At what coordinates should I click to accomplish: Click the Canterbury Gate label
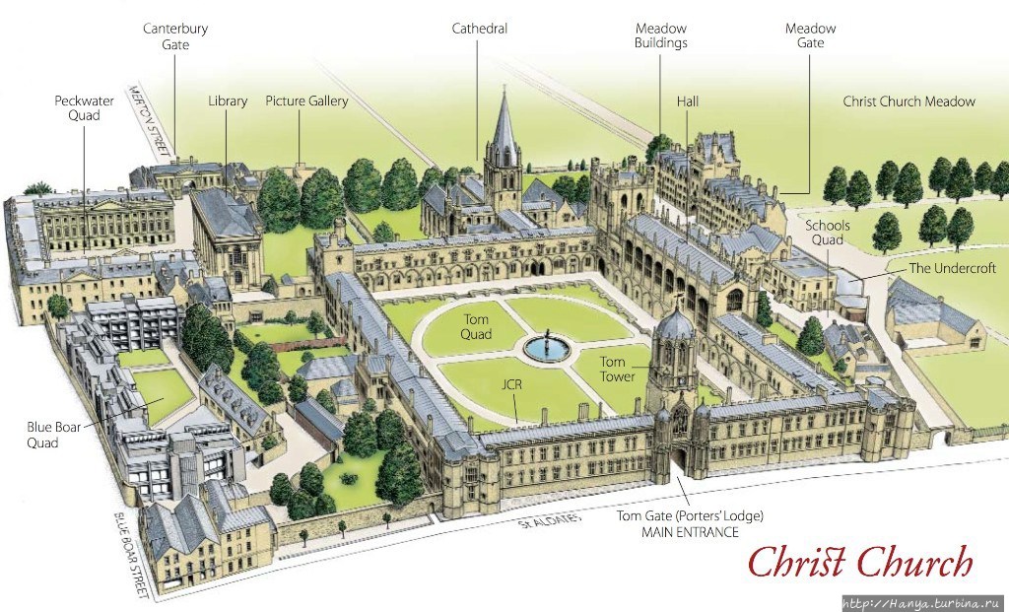175,36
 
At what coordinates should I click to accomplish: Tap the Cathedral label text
480,29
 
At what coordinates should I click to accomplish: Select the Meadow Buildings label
661,36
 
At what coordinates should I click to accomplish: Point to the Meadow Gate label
810,36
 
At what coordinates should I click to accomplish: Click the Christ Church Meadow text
908,102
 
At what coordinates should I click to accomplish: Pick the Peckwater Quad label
85,108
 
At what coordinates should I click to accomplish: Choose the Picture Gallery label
306,102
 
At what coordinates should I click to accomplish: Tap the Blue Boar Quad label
53,435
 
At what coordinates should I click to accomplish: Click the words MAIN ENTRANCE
690,532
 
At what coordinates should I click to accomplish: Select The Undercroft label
952,268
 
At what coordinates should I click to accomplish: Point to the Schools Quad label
828,233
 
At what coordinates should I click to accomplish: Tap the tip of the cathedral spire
504,86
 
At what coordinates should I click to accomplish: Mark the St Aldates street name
549,520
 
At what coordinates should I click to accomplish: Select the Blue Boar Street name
132,552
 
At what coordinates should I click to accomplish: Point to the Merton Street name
150,119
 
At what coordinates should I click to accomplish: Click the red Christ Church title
859,562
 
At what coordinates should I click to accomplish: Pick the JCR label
512,384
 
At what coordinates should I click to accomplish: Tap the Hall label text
687,102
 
